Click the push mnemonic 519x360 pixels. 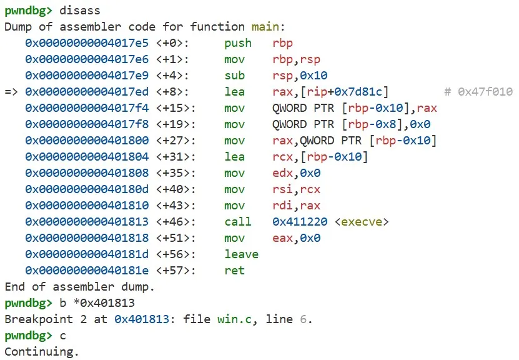[238, 43]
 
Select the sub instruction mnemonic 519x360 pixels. [234, 76]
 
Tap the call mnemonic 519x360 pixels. [238, 222]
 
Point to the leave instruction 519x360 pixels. [241, 254]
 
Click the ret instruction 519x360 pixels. [234, 271]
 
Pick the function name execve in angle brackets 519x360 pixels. [362, 222]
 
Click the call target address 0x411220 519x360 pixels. [300, 222]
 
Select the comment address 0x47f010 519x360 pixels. [485, 92]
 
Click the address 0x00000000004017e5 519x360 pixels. [87, 43]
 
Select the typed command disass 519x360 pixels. [80, 11]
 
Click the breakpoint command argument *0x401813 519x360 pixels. [104, 303]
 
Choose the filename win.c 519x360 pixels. [234, 319]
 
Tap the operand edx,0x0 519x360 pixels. [296, 173]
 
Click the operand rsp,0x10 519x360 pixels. [300, 76]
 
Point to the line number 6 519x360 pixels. [303, 319]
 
